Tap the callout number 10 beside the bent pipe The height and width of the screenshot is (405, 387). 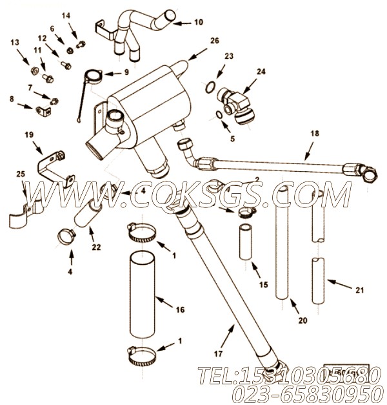pos(198,22)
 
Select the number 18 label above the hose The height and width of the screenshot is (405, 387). pos(315,134)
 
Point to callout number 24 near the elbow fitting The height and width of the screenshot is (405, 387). pos(261,72)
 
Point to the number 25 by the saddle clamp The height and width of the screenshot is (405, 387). pos(21,174)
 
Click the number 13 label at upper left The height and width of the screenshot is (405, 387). pos(14,42)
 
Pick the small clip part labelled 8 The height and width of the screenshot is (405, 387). pos(42,112)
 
